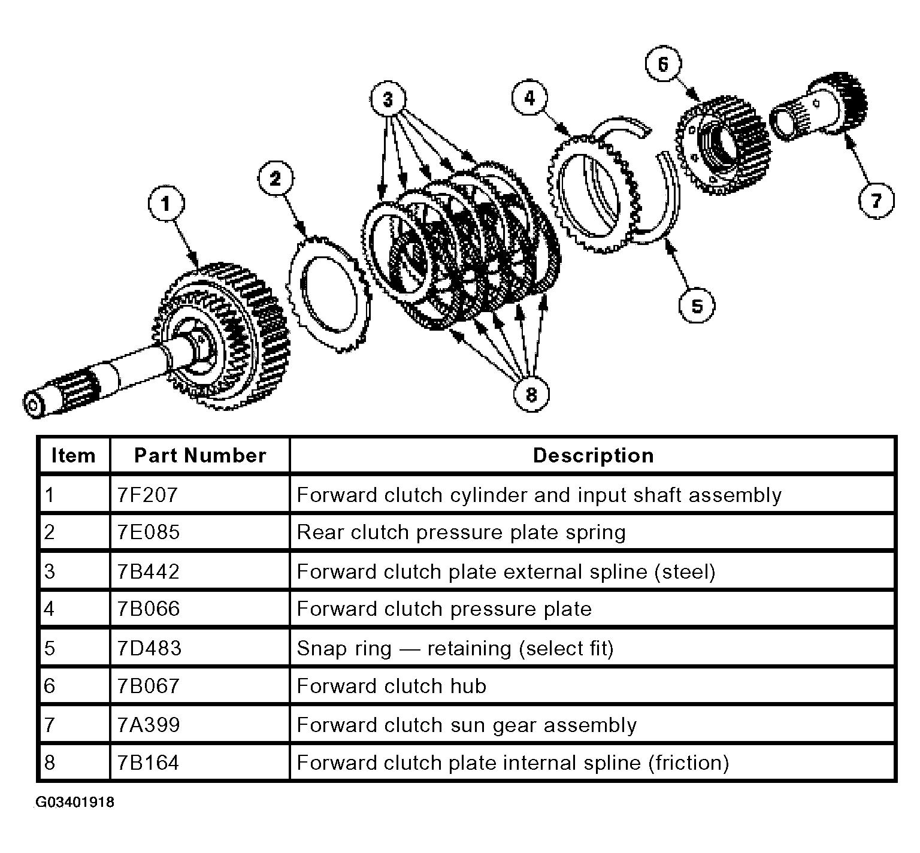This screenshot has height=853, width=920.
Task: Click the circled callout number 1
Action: [166, 204]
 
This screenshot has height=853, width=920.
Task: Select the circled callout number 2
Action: [275, 179]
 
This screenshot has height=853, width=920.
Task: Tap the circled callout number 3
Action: [388, 98]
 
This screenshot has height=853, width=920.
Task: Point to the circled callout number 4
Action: [529, 98]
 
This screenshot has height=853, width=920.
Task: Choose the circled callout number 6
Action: [663, 64]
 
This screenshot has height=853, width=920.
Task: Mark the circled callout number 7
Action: [876, 199]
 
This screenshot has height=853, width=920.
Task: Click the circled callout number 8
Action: [531, 394]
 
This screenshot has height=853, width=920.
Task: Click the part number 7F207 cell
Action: [200, 494]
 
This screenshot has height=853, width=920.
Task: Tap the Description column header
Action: [593, 455]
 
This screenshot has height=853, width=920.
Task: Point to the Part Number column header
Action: [200, 455]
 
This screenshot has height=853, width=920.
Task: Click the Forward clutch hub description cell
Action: [593, 686]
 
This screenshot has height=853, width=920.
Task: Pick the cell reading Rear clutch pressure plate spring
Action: [593, 533]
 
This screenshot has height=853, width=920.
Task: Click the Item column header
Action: [74, 455]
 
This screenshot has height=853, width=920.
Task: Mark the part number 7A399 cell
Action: [200, 724]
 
